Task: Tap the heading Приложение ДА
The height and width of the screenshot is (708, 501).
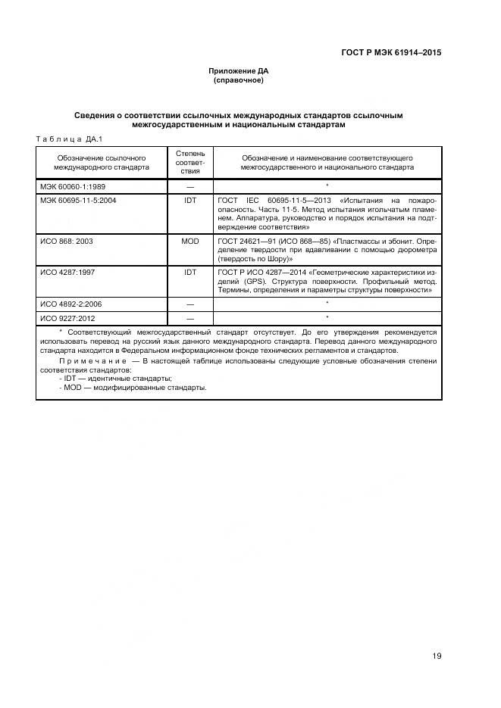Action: (x=239, y=71)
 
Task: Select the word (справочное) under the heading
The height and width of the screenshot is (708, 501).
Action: (x=239, y=80)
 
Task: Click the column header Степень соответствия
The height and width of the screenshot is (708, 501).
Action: (x=189, y=161)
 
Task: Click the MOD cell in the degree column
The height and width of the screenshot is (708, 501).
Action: (x=189, y=240)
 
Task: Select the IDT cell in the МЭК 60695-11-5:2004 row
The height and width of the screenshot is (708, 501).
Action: (x=189, y=200)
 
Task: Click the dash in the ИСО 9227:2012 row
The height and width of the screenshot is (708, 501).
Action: (x=189, y=318)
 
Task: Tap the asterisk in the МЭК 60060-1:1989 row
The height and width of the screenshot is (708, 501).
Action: (x=327, y=186)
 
